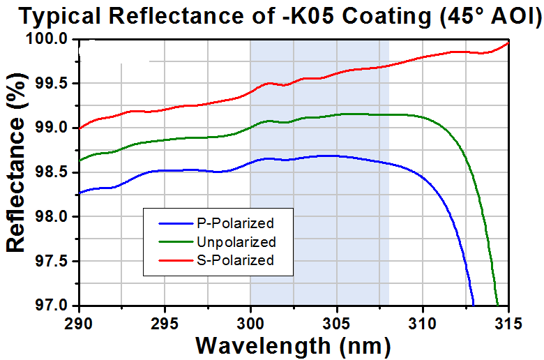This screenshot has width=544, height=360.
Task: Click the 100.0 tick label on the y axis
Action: point(47,38)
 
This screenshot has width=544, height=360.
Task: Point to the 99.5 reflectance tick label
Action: point(52,84)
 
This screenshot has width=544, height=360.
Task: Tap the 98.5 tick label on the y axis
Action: point(52,172)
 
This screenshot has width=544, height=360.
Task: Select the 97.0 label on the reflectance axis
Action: point(52,306)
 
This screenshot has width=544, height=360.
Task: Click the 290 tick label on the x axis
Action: point(80,324)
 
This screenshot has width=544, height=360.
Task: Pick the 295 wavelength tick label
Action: point(165,324)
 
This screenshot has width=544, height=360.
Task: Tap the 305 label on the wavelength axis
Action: point(337,324)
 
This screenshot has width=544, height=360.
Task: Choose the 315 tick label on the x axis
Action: point(508,324)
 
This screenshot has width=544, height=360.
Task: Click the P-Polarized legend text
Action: point(236,223)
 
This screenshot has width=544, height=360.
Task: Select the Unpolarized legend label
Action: point(236,242)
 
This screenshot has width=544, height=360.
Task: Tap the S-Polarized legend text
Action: point(236,260)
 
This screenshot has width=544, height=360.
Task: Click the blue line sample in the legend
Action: point(176,223)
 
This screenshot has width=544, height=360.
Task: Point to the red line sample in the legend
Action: point(176,260)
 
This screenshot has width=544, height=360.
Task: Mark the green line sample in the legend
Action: point(176,242)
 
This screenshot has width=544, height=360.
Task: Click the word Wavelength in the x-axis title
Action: point(264,346)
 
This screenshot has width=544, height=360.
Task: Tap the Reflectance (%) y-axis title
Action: point(15,163)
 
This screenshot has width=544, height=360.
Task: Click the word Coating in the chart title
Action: point(386,16)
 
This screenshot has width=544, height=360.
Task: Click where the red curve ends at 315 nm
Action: point(508,43)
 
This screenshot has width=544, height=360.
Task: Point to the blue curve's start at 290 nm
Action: point(80,193)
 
